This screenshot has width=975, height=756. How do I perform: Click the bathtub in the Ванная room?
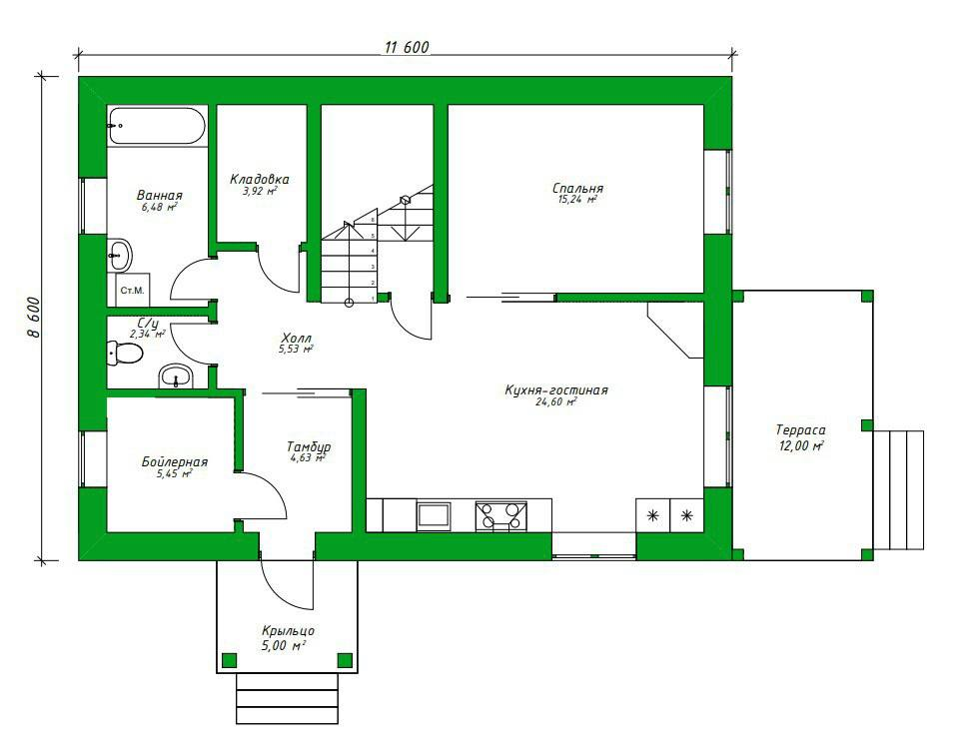(156, 126)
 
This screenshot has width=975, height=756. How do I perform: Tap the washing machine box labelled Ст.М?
(132, 290)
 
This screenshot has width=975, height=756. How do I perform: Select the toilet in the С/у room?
(125, 354)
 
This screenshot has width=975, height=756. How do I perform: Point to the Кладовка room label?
(260, 180)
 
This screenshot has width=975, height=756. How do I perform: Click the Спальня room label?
(577, 188)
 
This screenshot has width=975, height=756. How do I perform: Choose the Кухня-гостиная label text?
(556, 390)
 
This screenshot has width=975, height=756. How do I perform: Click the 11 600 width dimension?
(408, 47)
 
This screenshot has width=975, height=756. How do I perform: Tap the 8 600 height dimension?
(34, 317)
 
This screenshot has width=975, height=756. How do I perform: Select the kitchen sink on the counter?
(434, 515)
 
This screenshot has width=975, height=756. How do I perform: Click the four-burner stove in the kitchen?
(501, 516)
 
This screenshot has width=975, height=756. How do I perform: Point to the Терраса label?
(801, 429)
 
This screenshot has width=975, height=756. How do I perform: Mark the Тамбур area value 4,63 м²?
(308, 458)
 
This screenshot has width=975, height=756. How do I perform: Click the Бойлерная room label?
(175, 462)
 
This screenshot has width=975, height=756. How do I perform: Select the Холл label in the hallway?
(297, 339)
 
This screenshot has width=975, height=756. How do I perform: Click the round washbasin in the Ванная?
(120, 255)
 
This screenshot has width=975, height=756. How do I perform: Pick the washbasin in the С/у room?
(177, 377)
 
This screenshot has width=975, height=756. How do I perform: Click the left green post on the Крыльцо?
(230, 660)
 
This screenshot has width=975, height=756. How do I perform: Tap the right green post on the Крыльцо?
(345, 660)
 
